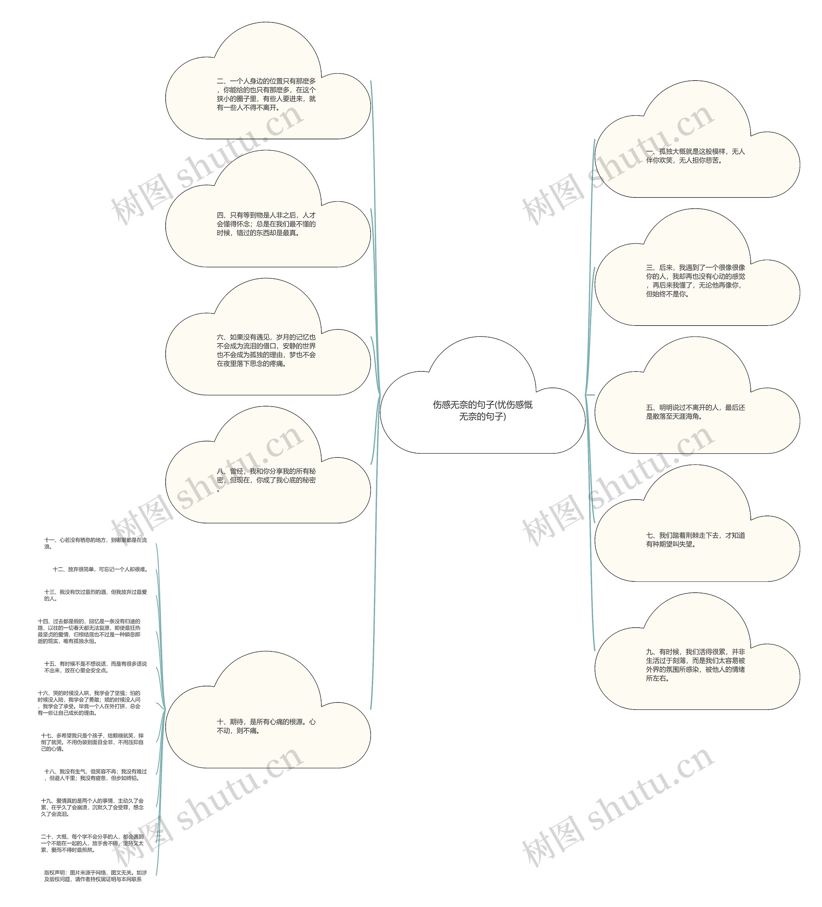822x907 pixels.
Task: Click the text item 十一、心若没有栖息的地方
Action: (x=95, y=543)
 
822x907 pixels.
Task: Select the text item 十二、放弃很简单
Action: (x=100, y=569)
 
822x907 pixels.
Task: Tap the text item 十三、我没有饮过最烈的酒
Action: (x=95, y=595)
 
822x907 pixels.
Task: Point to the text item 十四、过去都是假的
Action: (x=89, y=631)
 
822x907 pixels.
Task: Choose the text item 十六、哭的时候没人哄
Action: (x=89, y=703)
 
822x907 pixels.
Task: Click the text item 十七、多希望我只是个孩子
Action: (x=92, y=742)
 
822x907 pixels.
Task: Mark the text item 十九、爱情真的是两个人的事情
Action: (x=92, y=807)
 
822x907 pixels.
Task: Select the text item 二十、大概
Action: (x=92, y=843)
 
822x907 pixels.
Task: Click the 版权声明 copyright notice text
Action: (x=95, y=876)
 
